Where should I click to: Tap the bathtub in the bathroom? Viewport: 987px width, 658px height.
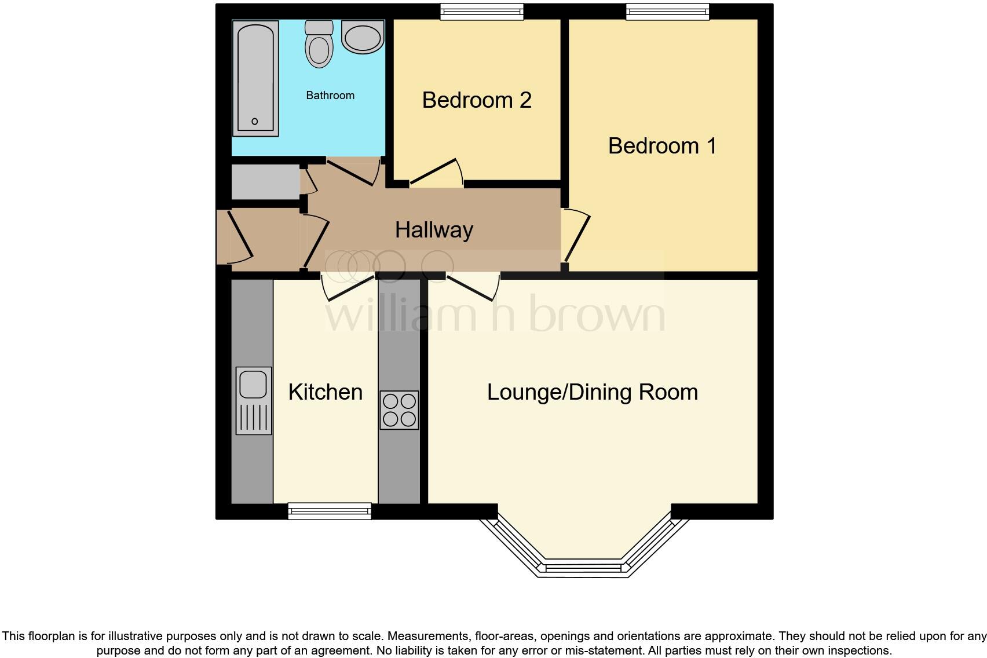[255, 78]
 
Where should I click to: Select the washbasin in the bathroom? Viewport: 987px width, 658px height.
[363, 36]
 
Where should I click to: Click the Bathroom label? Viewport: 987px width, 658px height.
[330, 95]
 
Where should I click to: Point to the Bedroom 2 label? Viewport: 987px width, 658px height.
[476, 100]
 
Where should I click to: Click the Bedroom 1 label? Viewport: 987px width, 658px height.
[662, 145]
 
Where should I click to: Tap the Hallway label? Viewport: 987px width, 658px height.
[434, 230]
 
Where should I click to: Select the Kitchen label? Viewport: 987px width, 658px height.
[325, 392]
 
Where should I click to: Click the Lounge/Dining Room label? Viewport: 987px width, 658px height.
[592, 392]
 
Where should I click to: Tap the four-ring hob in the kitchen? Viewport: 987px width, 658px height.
[399, 410]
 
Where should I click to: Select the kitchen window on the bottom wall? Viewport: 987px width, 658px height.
[330, 511]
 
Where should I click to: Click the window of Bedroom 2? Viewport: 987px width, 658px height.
[481, 12]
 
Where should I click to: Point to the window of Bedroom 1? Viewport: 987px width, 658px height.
[667, 12]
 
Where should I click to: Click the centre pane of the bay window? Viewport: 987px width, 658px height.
[583, 568]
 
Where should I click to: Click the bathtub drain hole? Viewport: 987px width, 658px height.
[254, 122]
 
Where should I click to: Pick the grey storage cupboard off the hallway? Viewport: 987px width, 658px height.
[265, 182]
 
